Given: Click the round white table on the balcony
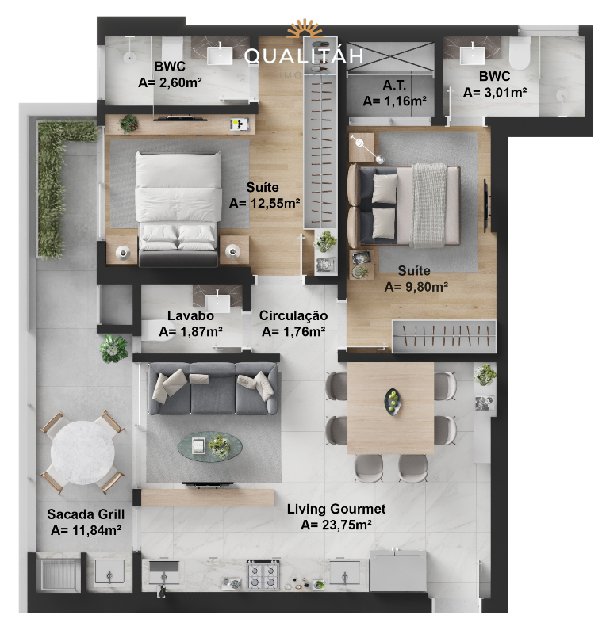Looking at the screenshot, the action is pos(82,452).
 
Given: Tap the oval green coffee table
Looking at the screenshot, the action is pos(209,446).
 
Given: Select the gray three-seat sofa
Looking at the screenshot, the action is pos(213,388).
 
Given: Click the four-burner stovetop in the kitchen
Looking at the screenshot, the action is pos(263,574).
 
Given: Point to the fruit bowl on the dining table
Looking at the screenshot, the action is pos(393,402).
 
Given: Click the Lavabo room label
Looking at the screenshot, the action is pos(190,315).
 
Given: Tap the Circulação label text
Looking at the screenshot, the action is pos(293,315).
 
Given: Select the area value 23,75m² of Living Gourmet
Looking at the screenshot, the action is pos(336,525).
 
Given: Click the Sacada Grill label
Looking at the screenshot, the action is pos(86,514).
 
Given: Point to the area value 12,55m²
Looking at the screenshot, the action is pos(264,203).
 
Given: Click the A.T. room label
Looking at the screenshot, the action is pos(394,85).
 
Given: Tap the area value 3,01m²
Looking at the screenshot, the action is pos(495,93).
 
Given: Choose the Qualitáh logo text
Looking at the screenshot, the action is pos(304,55).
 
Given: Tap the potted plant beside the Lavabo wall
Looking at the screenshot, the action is pos(113,348).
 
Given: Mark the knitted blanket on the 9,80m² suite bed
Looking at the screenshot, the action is pos(429,205).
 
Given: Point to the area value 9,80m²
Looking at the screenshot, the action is pos(416,287).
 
